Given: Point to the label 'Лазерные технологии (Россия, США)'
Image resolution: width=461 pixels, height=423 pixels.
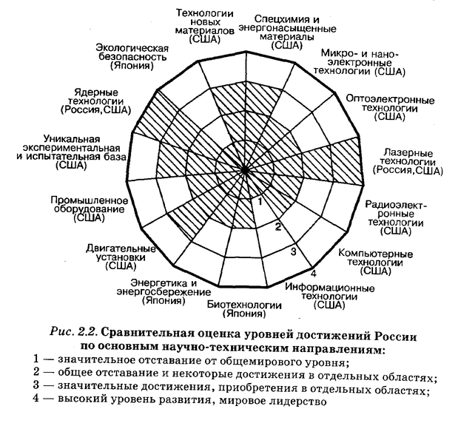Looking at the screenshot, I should point(408,162).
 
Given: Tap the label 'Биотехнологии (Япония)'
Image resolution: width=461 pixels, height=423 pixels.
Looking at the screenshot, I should point(238,309).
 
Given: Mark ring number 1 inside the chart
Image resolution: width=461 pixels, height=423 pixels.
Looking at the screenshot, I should point(260,200).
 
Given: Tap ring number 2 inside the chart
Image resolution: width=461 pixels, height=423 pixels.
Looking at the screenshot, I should point(277,226).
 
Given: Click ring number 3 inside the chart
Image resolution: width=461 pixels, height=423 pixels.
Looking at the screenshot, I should point(294,253).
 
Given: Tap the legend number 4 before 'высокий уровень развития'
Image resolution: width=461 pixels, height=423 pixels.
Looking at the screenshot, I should point(37,401).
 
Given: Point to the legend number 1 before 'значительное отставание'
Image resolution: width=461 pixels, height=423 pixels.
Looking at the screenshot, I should point(37,359).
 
